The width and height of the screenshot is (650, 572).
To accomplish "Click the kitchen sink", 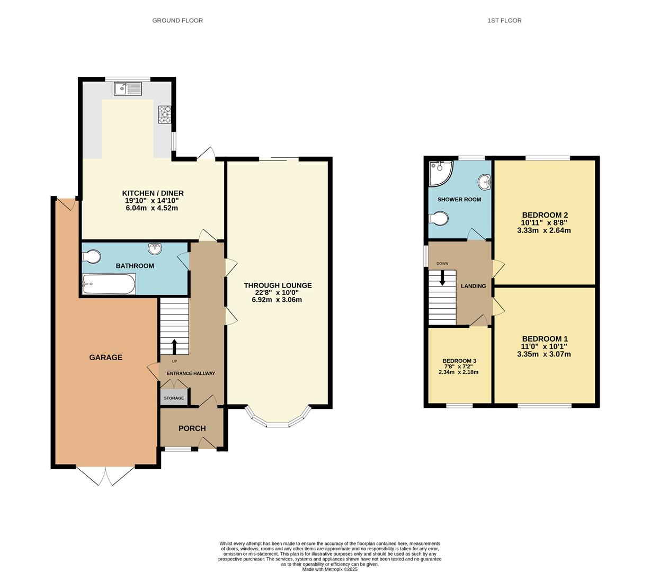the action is click(x=128, y=89).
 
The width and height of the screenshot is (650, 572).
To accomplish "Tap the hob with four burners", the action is click(x=165, y=114).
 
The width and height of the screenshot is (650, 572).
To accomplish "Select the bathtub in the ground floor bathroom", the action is click(x=109, y=284).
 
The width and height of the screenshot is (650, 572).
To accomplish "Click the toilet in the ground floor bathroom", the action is click(x=92, y=256).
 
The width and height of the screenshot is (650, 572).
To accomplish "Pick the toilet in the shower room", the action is click(x=438, y=218).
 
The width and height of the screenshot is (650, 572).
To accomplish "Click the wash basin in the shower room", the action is click(x=484, y=182).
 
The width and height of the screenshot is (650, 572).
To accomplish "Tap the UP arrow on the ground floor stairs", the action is click(x=174, y=347).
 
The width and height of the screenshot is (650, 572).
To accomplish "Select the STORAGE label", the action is click(x=174, y=398).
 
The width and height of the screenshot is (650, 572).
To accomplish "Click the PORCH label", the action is click(x=192, y=428).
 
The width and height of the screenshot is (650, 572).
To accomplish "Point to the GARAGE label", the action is click(x=106, y=358).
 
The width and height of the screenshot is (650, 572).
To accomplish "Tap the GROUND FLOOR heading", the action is click(x=177, y=21).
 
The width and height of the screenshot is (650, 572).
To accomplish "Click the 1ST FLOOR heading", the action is click(x=505, y=21).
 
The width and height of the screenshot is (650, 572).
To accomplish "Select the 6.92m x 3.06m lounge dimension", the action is click(x=277, y=300).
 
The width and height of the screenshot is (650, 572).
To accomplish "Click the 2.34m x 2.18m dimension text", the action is click(x=458, y=372).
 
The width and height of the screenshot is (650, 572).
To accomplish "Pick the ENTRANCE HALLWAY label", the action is click(x=191, y=373).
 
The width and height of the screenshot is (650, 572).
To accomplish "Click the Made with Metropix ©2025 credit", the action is click(x=330, y=569).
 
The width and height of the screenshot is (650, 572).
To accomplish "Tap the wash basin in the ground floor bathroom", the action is click(x=155, y=248).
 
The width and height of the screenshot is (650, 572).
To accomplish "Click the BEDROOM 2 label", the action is click(x=545, y=215).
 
